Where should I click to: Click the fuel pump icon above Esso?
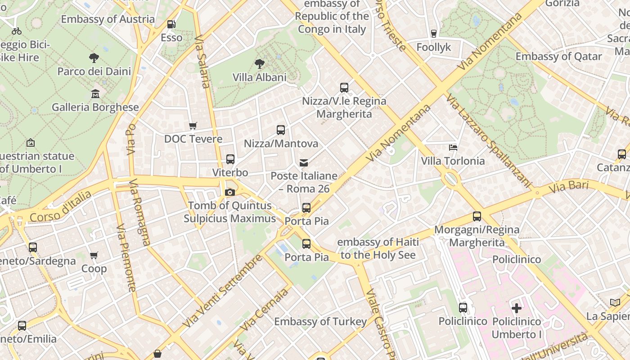coord(171,24)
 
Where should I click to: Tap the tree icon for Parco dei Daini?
coord(94,58)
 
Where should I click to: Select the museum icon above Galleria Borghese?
coord(95,94)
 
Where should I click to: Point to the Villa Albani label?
coord(259,77)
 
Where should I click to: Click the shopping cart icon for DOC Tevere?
coord(193,126)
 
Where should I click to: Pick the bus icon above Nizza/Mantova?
coord(281,130)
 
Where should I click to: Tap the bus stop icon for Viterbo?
coord(230,159)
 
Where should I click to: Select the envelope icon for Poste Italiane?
coord(304,162)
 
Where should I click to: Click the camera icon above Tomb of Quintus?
coord(230,193)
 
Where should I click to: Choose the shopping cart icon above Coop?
coord(94,256)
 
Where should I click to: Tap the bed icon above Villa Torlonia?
coord(453,147)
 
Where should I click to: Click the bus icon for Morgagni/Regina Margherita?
coord(477,216)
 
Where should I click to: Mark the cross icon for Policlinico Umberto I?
coord(517,308)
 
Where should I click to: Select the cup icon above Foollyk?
coord(434,34)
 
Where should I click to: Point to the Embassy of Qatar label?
coord(558,57)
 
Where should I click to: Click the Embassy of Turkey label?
coord(320,322)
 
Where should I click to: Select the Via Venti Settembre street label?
coord(222,292)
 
